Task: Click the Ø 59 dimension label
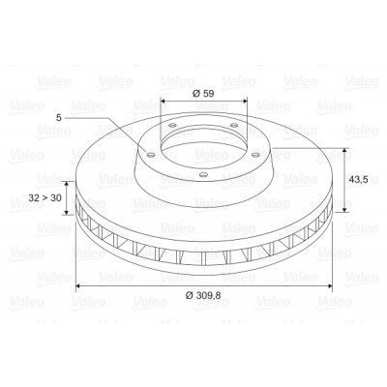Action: [203, 94]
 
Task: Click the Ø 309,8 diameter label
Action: [203, 295]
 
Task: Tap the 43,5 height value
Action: [358, 179]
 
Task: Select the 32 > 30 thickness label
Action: [45, 197]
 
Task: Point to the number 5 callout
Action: [58, 118]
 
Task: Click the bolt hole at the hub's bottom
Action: [202, 175]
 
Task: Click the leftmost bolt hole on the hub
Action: [150, 155]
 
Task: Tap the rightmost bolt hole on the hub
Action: [255, 155]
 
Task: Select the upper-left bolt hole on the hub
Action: [172, 125]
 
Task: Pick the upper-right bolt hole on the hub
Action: [234, 125]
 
